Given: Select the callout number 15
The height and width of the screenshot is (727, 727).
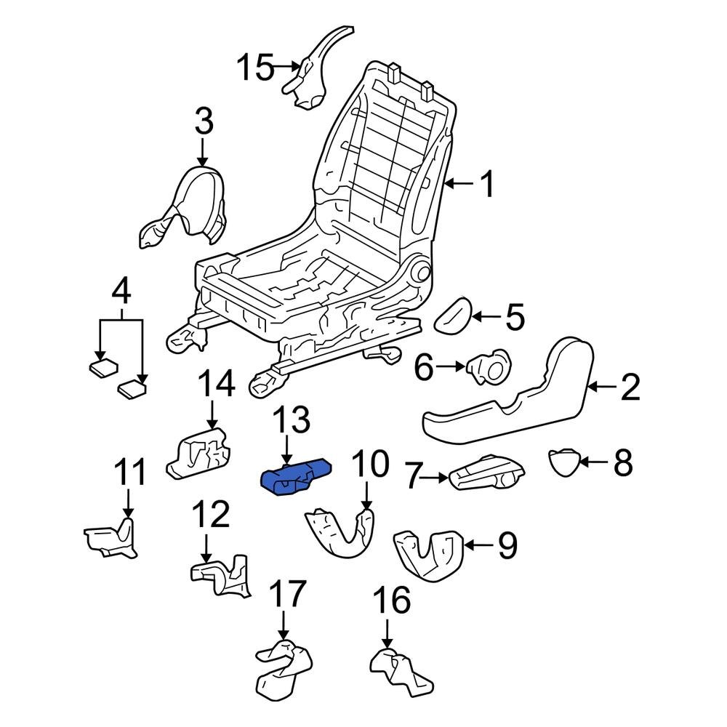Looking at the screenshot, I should click(x=255, y=69).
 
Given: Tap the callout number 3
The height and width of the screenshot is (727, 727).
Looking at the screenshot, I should click(x=204, y=121).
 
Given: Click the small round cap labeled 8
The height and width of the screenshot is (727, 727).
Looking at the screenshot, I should click(x=564, y=461).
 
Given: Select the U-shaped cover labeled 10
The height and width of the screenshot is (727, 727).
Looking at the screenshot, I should click(x=338, y=534).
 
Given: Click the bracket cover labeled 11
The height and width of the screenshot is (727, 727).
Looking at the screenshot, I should click(x=111, y=539).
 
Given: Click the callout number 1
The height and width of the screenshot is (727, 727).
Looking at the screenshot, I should click(x=488, y=185).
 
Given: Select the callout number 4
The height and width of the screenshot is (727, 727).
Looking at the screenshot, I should click(x=121, y=292).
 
